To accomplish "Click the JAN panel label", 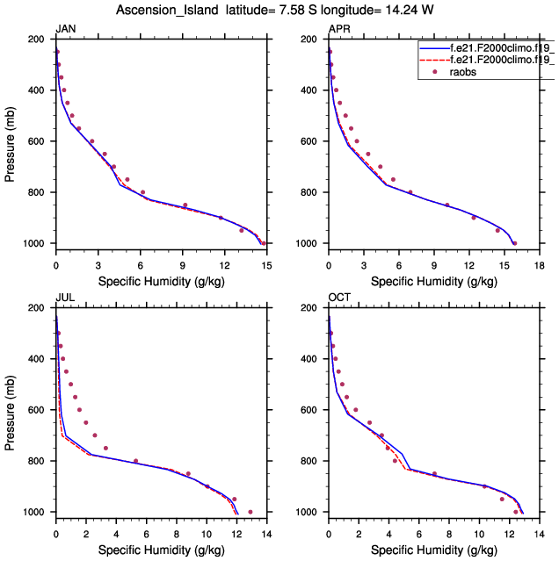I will [65, 30].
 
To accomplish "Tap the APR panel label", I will [338, 30].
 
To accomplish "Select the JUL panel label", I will [64, 298].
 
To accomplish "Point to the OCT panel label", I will [339, 298].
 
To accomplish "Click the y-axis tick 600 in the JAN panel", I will [40, 141].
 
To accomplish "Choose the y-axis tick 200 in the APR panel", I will [312, 40].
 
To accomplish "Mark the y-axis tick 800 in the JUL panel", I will [40, 461].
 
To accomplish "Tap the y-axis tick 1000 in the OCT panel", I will [309, 512].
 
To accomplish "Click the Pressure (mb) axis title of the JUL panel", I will [11, 409].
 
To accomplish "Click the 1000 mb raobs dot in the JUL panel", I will [250, 512].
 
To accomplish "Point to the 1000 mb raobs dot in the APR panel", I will [514, 243].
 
